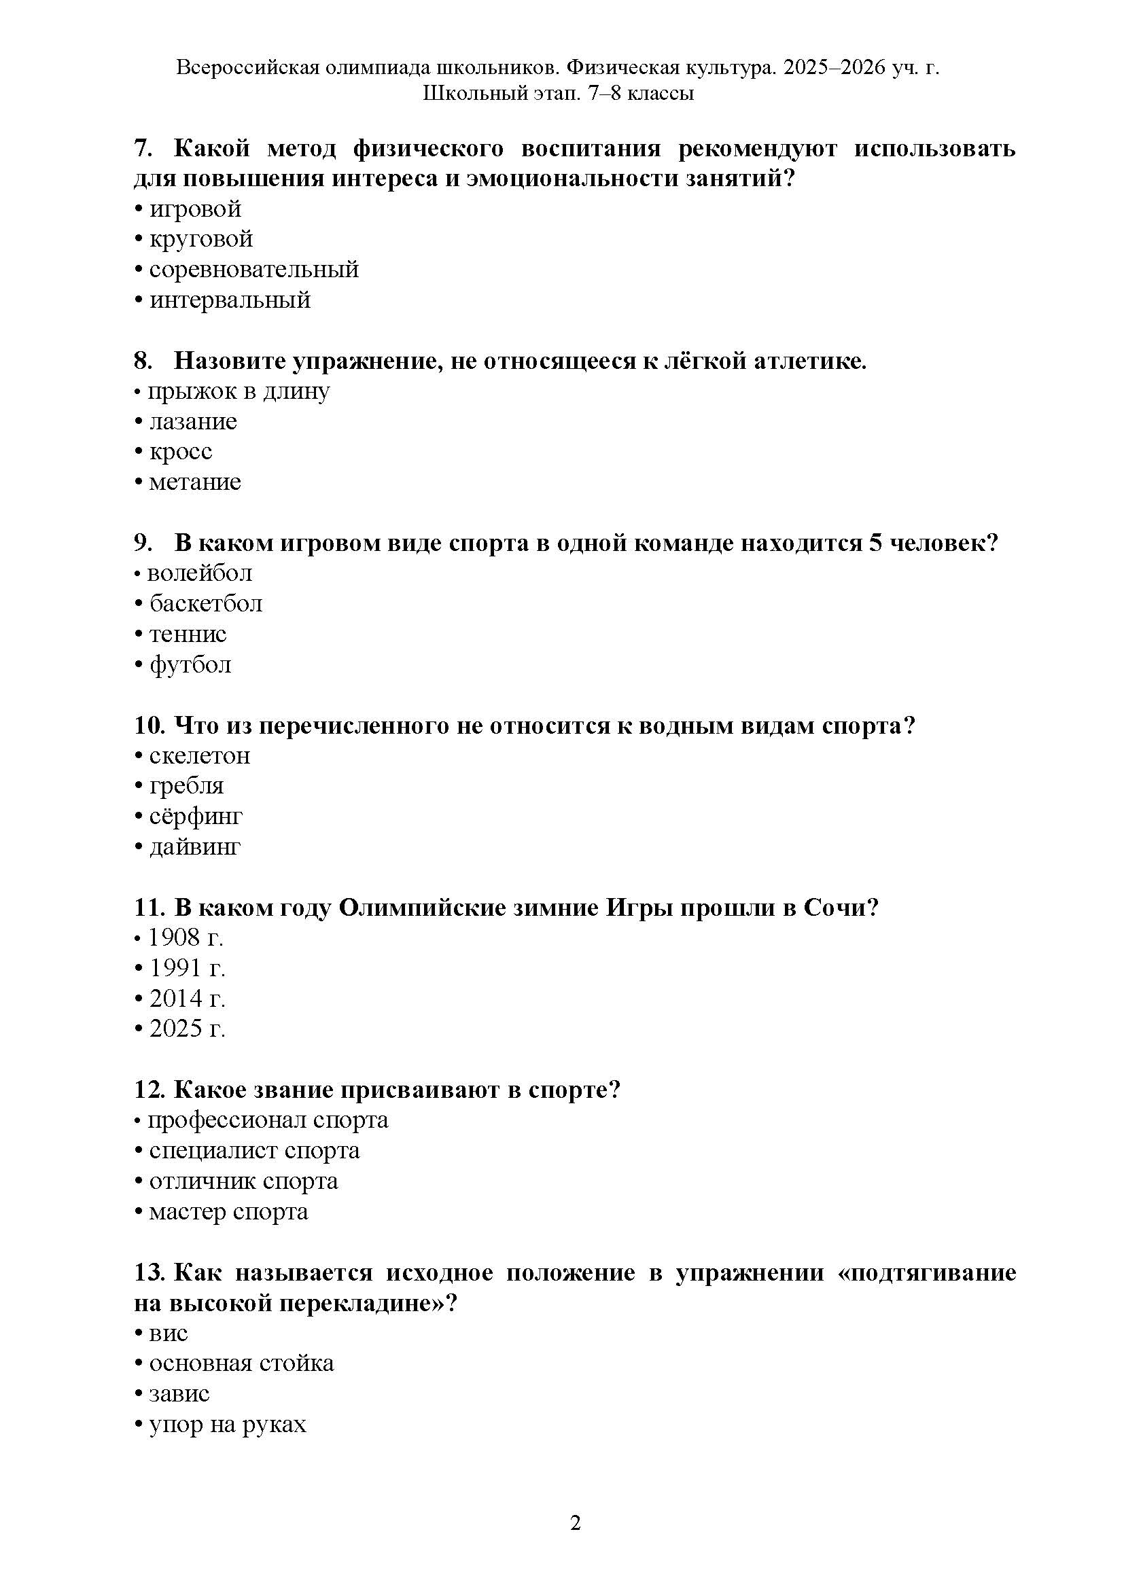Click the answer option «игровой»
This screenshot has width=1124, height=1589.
195,209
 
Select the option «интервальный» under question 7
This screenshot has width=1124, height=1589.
230,300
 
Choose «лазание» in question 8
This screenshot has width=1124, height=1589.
193,421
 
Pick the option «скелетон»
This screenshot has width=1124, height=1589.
199,755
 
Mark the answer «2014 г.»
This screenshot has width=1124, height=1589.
188,999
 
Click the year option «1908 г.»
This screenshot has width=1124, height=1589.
186,938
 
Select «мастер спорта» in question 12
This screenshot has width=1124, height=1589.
228,1212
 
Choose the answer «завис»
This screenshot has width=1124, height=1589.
179,1394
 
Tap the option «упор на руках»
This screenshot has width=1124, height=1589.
228,1425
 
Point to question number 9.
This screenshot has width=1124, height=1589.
143,543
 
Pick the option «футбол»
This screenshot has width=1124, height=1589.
190,664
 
